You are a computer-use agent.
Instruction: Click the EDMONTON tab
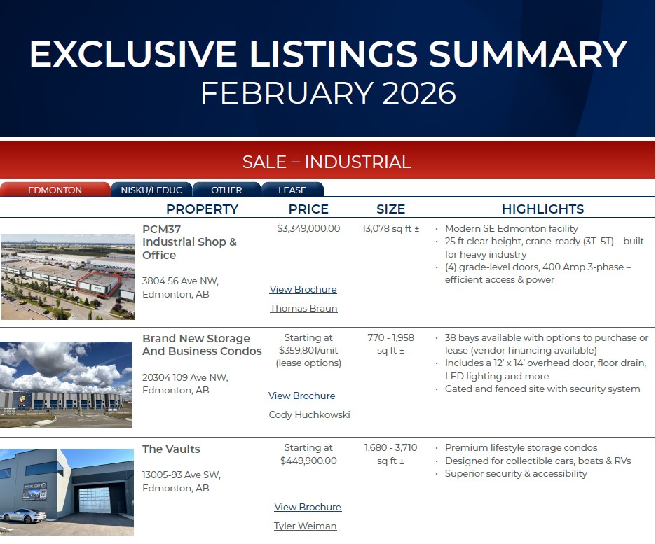[x=55, y=190]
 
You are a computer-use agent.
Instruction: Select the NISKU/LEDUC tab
[x=151, y=190]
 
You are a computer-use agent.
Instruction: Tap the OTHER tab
[x=226, y=190]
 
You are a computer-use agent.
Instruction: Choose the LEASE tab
[x=292, y=190]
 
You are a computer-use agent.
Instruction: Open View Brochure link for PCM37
[x=303, y=289]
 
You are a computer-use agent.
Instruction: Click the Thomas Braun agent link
[x=303, y=308]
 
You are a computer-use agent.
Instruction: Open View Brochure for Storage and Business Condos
[x=301, y=396]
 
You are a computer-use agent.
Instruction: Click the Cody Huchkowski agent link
[x=309, y=414]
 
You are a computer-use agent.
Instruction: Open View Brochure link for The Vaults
[x=308, y=507]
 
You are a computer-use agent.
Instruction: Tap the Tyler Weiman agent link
[x=305, y=526]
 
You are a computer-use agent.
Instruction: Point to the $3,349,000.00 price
[x=308, y=228]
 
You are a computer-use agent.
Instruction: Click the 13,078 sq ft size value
[x=390, y=228]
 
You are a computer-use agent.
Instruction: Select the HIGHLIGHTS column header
[x=542, y=209]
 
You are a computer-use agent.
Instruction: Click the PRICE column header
[x=308, y=209]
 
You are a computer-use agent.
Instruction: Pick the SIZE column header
[x=390, y=209]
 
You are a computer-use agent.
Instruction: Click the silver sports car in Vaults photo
[x=23, y=515]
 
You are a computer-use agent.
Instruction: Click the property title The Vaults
[x=171, y=449]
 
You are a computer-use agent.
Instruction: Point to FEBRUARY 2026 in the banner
[x=329, y=92]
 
